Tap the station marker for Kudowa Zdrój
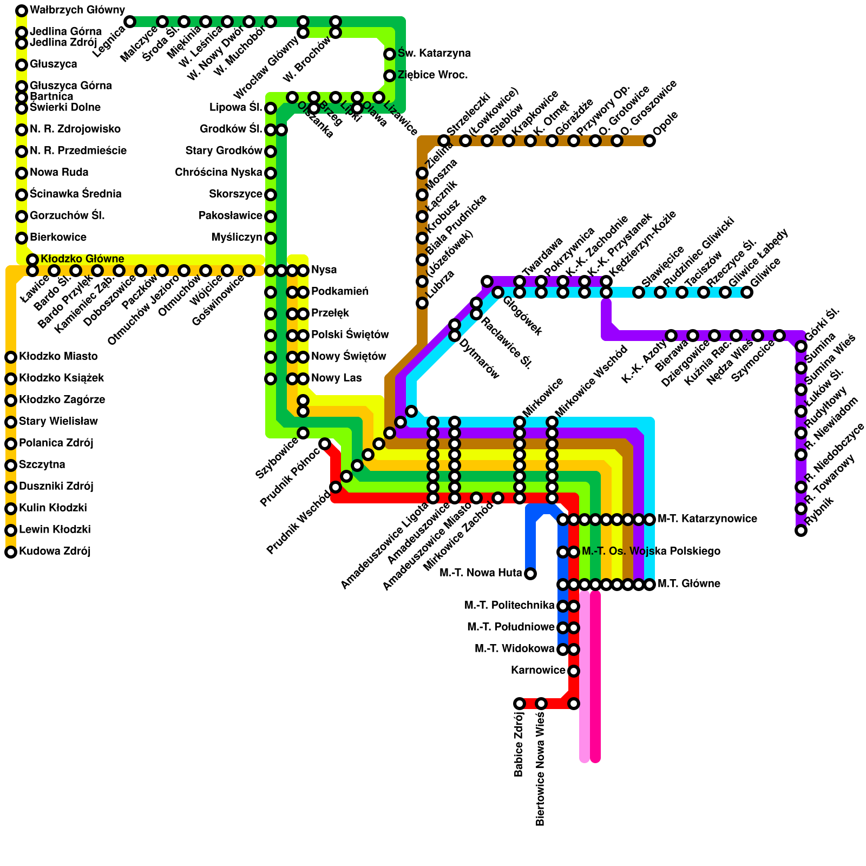click(11, 552)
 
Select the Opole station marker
click(649, 141)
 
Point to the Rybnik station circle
click(801, 530)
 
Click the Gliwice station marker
click(747, 292)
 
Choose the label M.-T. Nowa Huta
click(481, 573)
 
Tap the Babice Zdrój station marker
click(520, 704)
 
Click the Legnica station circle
click(130, 22)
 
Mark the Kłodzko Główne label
click(82, 259)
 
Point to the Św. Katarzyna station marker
click(390, 54)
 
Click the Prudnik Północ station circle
click(325, 444)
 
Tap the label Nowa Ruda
click(59, 173)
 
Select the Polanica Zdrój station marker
click(11, 444)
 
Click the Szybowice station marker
click(303, 433)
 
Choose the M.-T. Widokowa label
click(514, 649)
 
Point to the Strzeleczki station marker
click(444, 141)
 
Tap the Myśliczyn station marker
click(271, 238)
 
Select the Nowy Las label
click(336, 378)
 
